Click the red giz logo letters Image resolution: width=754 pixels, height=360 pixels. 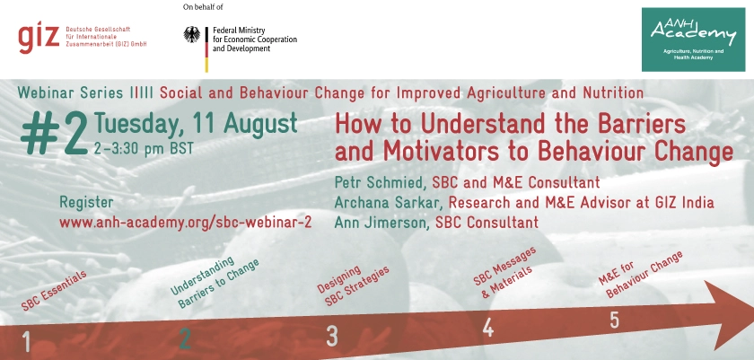pyautogui.click(x=39, y=38)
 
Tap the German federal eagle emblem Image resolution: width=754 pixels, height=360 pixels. pyautogui.click(x=192, y=35)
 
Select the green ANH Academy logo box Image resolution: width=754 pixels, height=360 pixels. pyautogui.click(x=693, y=40)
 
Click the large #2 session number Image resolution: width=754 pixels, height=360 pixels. pyautogui.click(x=55, y=135)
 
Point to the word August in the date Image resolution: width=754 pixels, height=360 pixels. pyautogui.click(x=260, y=124)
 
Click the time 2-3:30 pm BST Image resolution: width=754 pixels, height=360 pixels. pyautogui.click(x=144, y=148)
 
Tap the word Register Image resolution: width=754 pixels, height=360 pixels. pyautogui.click(x=86, y=202)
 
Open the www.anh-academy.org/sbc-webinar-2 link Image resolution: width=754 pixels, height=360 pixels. pyautogui.click(x=186, y=223)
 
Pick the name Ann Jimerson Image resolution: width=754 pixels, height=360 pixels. pyautogui.click(x=381, y=222)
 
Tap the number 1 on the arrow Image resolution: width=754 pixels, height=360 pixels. pyautogui.click(x=26, y=342)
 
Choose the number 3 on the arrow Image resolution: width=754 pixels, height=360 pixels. pyautogui.click(x=332, y=336)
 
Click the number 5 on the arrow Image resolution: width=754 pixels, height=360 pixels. pyautogui.click(x=614, y=320)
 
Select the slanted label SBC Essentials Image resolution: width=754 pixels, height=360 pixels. pyautogui.click(x=54, y=290)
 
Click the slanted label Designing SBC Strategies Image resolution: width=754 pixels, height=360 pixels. pyautogui.click(x=353, y=285)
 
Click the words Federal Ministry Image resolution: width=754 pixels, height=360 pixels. pyautogui.click(x=239, y=31)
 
